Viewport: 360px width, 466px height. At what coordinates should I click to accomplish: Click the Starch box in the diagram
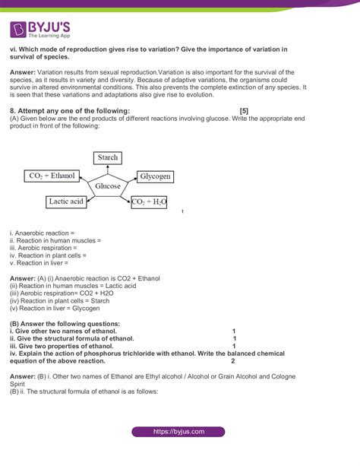108,157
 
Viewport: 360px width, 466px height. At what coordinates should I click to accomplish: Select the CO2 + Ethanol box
52,176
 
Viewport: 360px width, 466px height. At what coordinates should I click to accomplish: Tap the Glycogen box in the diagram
156,176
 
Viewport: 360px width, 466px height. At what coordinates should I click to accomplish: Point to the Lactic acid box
65,201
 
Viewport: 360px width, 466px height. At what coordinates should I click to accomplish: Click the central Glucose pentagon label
108,185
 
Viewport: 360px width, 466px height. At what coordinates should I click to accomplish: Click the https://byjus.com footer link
179,431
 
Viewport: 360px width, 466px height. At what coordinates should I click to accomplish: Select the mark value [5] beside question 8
243,111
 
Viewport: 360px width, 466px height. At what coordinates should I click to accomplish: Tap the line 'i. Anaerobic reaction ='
42,232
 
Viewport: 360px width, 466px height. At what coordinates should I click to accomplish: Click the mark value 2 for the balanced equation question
232,361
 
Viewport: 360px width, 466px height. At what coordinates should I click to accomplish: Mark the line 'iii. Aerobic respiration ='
43,247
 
